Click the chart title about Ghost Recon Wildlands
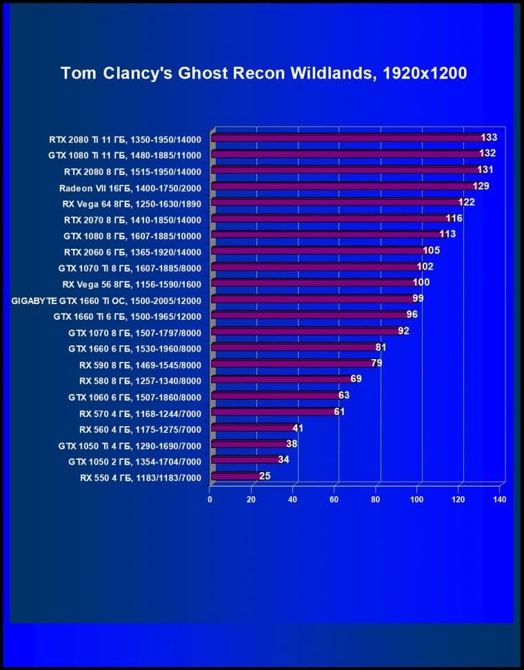pos(264,73)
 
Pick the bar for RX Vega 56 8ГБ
pos(314,283)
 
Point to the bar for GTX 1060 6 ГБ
pos(276,396)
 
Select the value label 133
pos(489,138)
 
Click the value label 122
pos(466,202)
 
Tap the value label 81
pos(381,347)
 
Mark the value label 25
pos(264,476)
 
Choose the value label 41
pos(298,428)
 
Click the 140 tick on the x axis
pos(499,499)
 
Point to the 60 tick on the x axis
pos(334,499)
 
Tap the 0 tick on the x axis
pos(210,499)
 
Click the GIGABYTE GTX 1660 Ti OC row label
pos(107,301)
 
